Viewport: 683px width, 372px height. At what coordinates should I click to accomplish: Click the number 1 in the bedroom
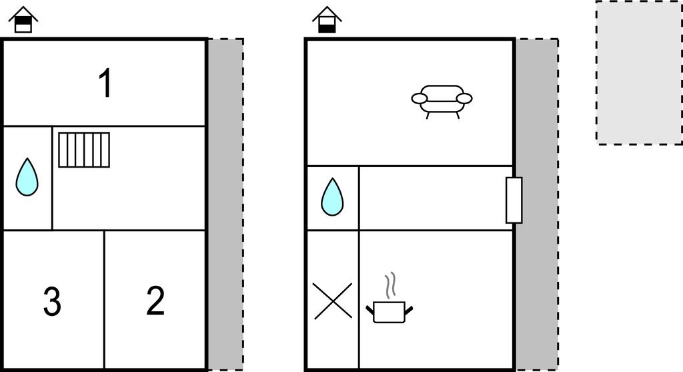coord(105,83)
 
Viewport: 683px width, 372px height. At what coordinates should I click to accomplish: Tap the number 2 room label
coord(155,301)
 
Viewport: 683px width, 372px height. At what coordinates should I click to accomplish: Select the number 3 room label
coord(52,301)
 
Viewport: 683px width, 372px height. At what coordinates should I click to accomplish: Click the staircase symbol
coord(84,150)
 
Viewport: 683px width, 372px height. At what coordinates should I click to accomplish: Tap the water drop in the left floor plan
coord(27,177)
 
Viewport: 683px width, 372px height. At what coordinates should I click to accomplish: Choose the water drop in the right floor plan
coord(332,197)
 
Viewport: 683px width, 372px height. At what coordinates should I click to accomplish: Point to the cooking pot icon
coord(390,311)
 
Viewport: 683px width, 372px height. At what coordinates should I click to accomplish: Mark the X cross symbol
coord(332,301)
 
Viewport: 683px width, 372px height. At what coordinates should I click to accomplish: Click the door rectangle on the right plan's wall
coord(514,200)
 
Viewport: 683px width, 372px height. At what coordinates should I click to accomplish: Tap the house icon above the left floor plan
coord(23,19)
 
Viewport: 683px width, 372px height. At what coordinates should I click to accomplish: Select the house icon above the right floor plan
coord(327,19)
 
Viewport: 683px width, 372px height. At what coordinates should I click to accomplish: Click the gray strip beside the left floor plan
coord(225,204)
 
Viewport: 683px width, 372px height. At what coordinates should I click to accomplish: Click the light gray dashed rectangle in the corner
coord(640,72)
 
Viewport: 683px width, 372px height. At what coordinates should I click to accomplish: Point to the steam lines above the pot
coord(391,286)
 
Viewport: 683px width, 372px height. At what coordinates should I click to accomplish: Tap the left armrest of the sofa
coord(420,99)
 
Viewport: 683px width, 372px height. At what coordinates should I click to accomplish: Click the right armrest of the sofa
coord(464,99)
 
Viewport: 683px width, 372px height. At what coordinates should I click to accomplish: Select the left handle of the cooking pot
coord(370,310)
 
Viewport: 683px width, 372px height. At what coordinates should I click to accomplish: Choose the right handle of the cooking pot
coord(409,310)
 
